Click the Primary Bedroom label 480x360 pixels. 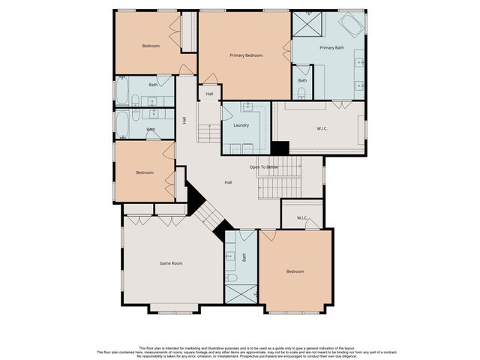click(246, 55)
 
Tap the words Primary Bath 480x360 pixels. click(331, 48)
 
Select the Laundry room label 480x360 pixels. click(241, 125)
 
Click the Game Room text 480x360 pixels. click(171, 263)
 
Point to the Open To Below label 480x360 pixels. click(264, 166)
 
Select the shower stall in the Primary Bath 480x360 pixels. click(306, 24)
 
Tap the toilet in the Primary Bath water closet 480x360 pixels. click(301, 92)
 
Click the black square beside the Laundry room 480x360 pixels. click(280, 148)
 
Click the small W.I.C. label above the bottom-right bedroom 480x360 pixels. click(302, 218)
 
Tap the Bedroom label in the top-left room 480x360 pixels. click(151, 46)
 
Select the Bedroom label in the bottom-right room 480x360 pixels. click(295, 271)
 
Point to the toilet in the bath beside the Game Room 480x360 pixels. click(232, 278)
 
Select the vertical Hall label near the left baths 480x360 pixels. click(184, 120)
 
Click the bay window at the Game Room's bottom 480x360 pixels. click(174, 307)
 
